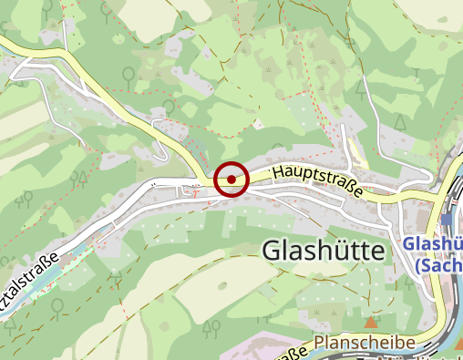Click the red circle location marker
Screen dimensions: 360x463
click(x=232, y=180)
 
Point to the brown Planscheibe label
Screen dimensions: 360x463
click(x=365, y=343)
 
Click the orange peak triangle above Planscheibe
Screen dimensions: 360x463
click(x=370, y=323)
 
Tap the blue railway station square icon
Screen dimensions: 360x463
click(x=446, y=220)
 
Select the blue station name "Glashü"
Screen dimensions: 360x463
click(x=433, y=244)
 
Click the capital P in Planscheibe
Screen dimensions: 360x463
click(x=320, y=344)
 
